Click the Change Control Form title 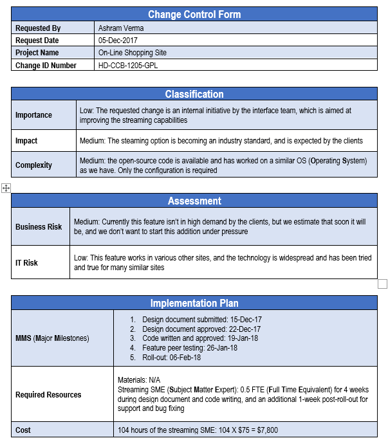click(194, 14)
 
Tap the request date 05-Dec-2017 click(116, 41)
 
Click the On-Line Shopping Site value click(133, 53)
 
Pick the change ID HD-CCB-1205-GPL click(128, 65)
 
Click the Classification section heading click(194, 95)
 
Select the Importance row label click(33, 115)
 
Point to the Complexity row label click(33, 165)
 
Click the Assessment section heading click(194, 201)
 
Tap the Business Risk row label click(39, 226)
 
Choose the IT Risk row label click(26, 262)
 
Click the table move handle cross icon click(6, 188)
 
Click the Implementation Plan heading click(194, 303)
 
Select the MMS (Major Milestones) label click(52, 338)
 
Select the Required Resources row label click(49, 394)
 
